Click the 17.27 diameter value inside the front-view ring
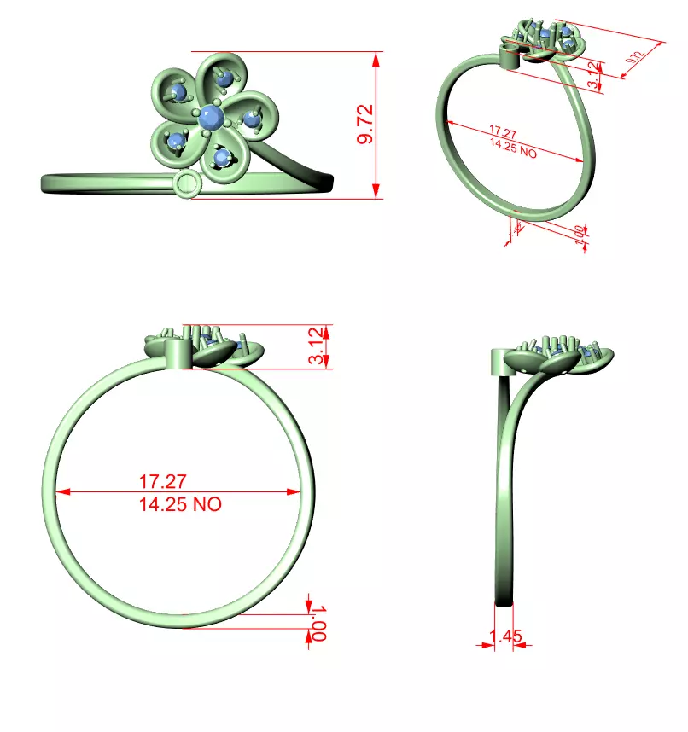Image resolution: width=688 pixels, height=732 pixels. point(162,482)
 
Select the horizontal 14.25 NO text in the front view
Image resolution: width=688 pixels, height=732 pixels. point(180,504)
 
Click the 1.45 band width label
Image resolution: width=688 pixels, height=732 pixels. point(505,636)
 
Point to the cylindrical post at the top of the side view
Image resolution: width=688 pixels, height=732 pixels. point(502,362)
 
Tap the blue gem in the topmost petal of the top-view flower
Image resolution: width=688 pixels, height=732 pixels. point(224,78)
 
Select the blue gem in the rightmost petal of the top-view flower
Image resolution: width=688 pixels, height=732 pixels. point(252,119)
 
